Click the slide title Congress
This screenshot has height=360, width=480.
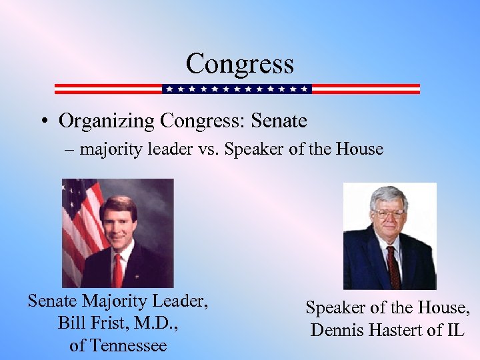[x=239, y=64]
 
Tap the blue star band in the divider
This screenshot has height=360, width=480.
[x=237, y=89]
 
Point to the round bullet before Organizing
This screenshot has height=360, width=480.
[x=42, y=121]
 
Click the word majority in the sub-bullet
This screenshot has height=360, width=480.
[x=109, y=149]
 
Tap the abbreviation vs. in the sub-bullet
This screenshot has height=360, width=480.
[x=207, y=149]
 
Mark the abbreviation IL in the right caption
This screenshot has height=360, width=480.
[x=455, y=329]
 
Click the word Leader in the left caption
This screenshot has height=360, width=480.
[x=179, y=302]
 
